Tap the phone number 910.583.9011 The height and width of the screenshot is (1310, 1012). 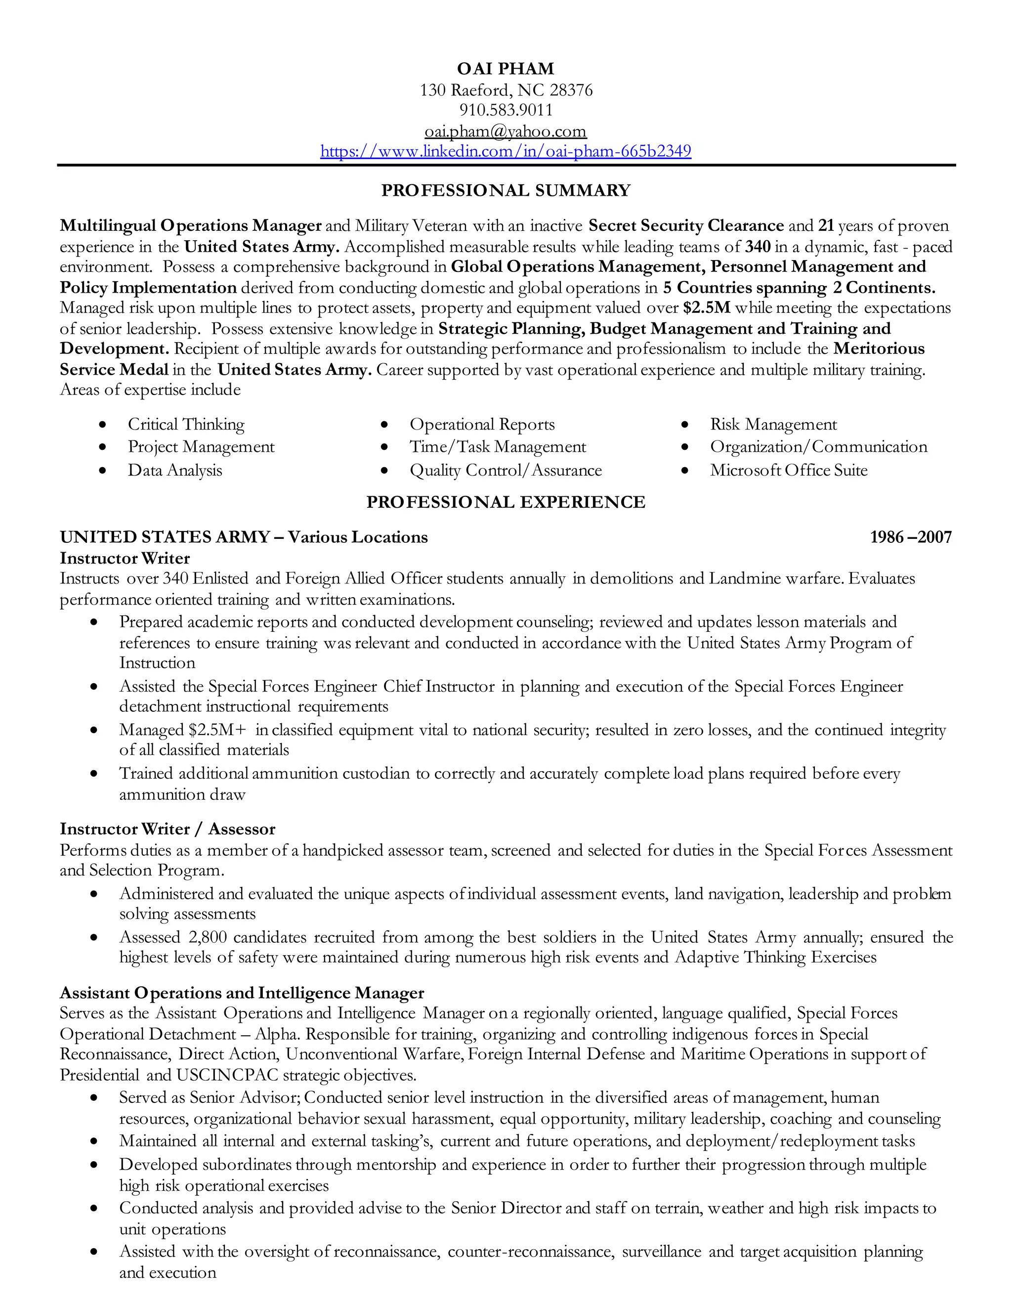[x=506, y=110]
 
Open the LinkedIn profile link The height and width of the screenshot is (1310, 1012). [x=506, y=151]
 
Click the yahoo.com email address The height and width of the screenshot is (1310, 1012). [x=506, y=131]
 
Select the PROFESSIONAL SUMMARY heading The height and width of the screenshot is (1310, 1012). [x=506, y=191]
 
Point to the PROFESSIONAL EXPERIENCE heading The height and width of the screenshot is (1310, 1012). [x=506, y=502]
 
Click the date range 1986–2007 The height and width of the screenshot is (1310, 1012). [x=910, y=537]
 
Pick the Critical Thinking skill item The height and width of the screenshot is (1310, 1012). [x=186, y=425]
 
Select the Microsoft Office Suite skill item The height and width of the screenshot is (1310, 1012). [x=788, y=470]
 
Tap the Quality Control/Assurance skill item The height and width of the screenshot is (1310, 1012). [x=506, y=470]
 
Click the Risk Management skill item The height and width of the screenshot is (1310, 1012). [x=773, y=425]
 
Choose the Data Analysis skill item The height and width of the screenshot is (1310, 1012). [x=174, y=470]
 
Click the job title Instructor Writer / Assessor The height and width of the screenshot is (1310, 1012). [x=168, y=829]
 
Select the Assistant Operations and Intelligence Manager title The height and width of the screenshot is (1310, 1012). [x=242, y=993]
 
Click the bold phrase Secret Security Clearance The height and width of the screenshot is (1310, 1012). [x=686, y=226]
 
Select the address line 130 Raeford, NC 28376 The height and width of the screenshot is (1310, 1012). [x=506, y=90]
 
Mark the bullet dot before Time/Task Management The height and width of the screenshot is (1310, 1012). [x=384, y=447]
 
